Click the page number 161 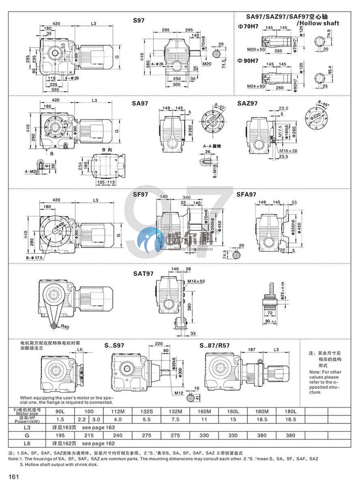tap(13, 476)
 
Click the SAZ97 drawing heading tap(247, 103)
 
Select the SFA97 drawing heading tap(246, 194)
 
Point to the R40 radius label tap(65, 327)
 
